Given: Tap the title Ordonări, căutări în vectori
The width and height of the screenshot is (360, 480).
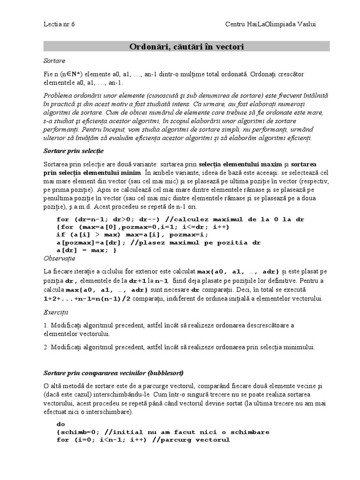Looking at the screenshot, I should click(187, 46).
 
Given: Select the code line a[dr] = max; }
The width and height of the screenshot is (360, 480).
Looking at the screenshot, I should click(86, 250).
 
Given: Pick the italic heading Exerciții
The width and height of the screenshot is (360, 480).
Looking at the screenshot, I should click(56, 311).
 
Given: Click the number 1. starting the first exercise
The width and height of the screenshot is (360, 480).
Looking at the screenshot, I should click(46, 325).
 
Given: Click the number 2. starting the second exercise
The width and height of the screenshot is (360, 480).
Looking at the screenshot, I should click(46, 347).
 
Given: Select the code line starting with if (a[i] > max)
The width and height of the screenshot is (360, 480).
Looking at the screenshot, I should click(131, 234).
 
